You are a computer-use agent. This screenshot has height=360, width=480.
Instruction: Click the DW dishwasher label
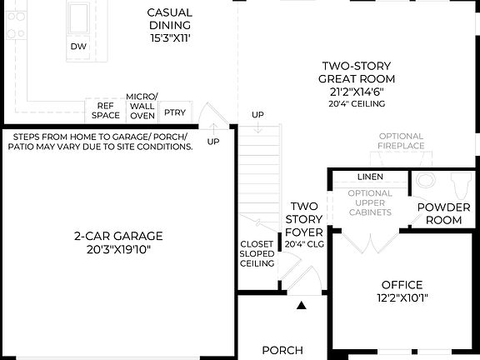(78, 47)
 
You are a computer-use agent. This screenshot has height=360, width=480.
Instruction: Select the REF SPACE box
(105, 111)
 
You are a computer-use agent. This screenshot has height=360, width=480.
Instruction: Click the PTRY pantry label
(175, 112)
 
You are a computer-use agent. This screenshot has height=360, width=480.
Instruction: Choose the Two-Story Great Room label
(356, 72)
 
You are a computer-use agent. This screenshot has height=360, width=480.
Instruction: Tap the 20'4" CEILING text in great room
(356, 105)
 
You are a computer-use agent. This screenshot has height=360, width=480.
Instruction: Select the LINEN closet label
(370, 177)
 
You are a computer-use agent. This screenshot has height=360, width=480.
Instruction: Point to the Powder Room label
(444, 213)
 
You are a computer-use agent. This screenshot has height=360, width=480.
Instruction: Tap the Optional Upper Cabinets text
(370, 203)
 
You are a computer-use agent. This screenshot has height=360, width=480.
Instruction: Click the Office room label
(402, 284)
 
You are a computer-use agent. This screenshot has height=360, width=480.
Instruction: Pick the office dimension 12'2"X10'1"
(402, 298)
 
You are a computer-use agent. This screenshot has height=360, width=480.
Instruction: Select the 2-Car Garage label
(117, 235)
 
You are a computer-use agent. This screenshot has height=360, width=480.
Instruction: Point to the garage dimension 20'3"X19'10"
(117, 249)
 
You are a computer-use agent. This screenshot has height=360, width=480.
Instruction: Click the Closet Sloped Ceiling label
(257, 253)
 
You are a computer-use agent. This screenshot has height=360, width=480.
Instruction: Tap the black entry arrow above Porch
(302, 307)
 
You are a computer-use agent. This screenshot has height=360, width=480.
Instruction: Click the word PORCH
(282, 350)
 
